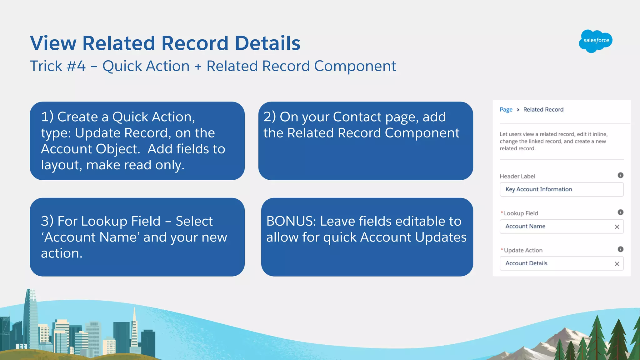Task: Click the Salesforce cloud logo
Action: click(x=596, y=41)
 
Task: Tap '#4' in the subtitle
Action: click(x=76, y=66)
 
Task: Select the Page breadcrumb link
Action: click(x=506, y=110)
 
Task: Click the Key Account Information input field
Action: click(x=561, y=189)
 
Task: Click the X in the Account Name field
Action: click(x=617, y=227)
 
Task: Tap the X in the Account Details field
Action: click(x=617, y=264)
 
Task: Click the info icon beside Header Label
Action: click(x=621, y=175)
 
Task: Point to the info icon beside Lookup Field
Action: click(x=621, y=212)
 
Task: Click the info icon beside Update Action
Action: click(x=621, y=249)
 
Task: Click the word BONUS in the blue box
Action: click(x=291, y=221)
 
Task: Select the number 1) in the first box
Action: click(x=47, y=117)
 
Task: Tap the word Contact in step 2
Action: click(x=357, y=117)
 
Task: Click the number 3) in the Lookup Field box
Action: click(x=47, y=221)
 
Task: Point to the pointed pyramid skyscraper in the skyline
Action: click(x=134, y=328)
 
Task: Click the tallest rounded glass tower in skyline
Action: click(x=31, y=316)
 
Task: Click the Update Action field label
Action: click(x=523, y=250)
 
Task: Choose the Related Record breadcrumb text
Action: click(x=543, y=110)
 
